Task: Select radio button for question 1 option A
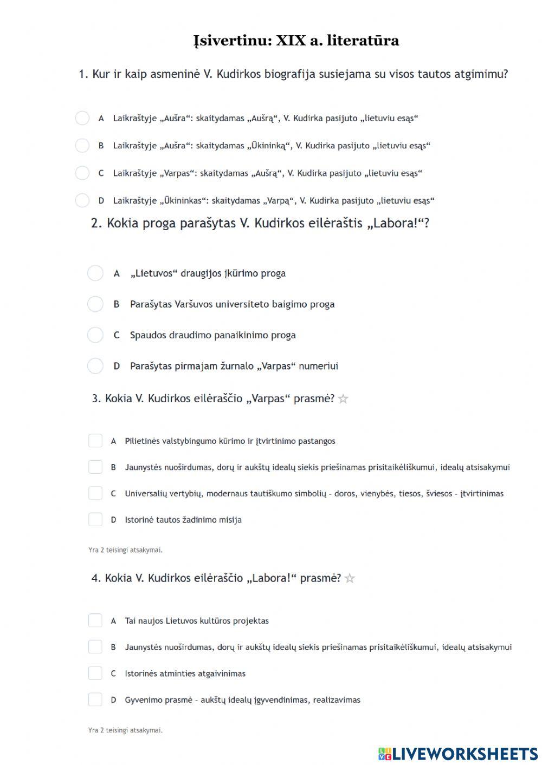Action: [x=82, y=118]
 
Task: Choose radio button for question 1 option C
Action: [x=82, y=173]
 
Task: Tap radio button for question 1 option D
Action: [x=82, y=201]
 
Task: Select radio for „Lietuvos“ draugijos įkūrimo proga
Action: [x=95, y=273]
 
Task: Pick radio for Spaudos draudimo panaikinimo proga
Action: [x=95, y=335]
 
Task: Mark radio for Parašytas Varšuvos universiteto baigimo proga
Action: [x=95, y=304]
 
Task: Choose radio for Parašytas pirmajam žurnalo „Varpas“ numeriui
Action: [x=95, y=366]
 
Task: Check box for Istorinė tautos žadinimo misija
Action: [x=95, y=520]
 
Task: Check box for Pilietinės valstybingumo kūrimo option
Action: [x=95, y=441]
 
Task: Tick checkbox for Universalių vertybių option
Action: [x=95, y=493]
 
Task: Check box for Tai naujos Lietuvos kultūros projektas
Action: [x=95, y=620]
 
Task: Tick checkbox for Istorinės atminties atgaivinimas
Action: [x=95, y=674]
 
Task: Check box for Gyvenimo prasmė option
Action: [x=95, y=699]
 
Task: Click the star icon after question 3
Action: [x=343, y=399]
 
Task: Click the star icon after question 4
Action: [x=350, y=578]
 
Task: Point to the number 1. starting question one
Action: [x=83, y=74]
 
